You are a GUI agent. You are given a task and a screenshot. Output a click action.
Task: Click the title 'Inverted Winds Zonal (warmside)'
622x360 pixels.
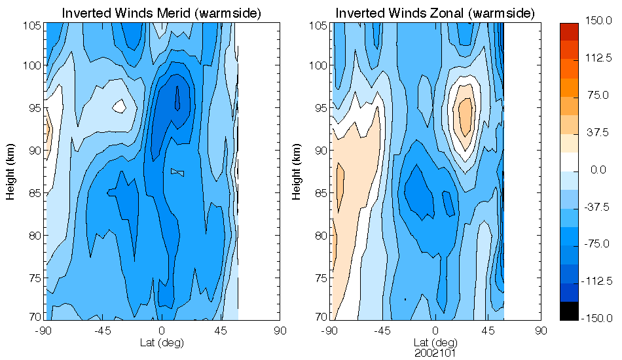(435, 13)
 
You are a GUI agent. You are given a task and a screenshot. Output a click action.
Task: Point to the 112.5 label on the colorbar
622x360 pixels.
(598, 58)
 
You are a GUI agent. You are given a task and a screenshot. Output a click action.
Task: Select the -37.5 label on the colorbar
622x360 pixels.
(598, 207)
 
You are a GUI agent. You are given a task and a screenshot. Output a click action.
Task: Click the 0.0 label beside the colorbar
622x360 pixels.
(598, 170)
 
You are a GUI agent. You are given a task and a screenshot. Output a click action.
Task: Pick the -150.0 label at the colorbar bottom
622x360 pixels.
(598, 318)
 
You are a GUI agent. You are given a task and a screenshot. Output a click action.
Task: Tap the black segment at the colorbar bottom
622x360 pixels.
(570, 312)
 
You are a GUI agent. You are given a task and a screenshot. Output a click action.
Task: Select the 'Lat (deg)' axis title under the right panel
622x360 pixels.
(435, 342)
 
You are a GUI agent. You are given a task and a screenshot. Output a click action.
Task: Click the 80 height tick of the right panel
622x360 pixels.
(319, 236)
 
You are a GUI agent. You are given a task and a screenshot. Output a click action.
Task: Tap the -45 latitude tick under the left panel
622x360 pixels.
(101, 331)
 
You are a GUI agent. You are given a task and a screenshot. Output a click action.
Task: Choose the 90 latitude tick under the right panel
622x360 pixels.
(540, 331)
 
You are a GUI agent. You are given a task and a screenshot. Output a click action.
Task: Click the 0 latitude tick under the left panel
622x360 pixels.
(161, 331)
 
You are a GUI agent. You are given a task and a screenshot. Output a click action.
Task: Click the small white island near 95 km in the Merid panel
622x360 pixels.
(119, 105)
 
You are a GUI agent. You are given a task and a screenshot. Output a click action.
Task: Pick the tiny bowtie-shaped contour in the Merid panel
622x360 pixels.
(177, 172)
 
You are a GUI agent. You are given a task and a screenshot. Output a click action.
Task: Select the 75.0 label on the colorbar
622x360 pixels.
(598, 96)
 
